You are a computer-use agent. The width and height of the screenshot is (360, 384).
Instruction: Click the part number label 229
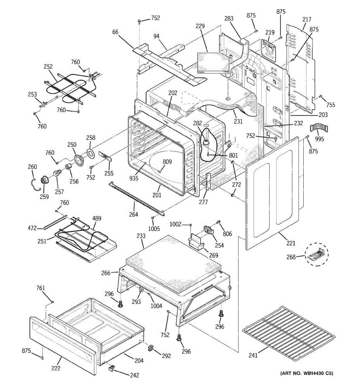pyautogui.click(x=200, y=26)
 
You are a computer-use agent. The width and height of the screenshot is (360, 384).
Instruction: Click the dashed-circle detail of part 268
pyautogui.click(x=317, y=254)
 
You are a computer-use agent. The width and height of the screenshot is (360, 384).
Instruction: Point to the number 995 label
pyautogui.click(x=319, y=139)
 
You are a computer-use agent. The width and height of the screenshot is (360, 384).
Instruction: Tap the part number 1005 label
pyautogui.click(x=154, y=228)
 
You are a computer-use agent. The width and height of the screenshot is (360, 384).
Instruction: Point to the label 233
pyautogui.click(x=141, y=236)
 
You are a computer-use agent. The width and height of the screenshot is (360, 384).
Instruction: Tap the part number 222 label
pyautogui.click(x=56, y=368)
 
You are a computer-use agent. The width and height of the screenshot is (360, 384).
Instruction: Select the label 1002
pyautogui.click(x=175, y=224)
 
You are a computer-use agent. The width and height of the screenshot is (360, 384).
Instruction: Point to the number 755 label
pyautogui.click(x=331, y=105)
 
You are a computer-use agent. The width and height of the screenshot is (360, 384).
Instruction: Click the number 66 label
pyautogui.click(x=115, y=32)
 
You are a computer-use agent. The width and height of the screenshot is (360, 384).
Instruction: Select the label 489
pyautogui.click(x=97, y=218)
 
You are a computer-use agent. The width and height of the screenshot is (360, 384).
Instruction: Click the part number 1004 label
pyautogui.click(x=156, y=306)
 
